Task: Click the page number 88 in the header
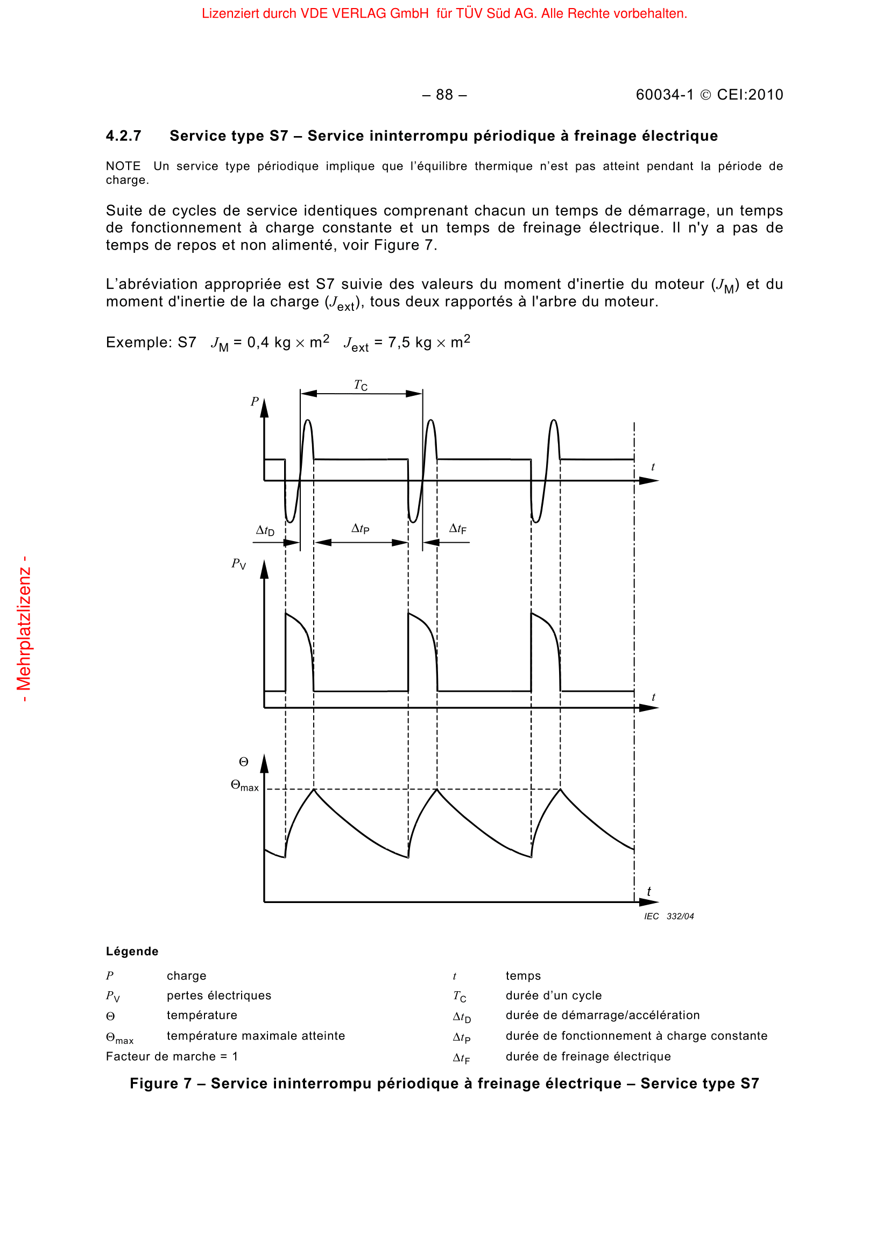(444, 95)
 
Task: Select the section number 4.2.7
(123, 136)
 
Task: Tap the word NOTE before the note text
(123, 166)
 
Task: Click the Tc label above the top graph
(361, 385)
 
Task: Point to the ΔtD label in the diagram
(265, 530)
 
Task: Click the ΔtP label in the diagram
(361, 529)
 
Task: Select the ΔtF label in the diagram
(457, 529)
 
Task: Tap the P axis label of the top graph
(255, 402)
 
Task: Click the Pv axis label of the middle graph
(238, 564)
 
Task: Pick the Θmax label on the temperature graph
(244, 786)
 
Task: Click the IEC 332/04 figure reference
(669, 916)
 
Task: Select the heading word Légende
(132, 951)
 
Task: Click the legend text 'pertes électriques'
(218, 996)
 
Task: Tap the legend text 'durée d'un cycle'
(554, 996)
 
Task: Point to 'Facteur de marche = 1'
(172, 1056)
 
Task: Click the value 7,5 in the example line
(399, 343)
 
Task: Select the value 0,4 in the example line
(258, 343)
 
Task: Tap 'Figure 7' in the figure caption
(160, 1083)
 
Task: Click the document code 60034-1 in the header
(664, 95)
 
